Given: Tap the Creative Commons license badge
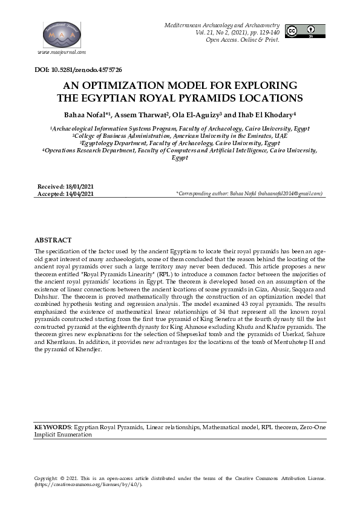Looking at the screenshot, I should click(x=305, y=31).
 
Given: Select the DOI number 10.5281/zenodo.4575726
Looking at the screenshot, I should click(x=88, y=71).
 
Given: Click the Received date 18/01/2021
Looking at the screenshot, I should click(x=77, y=187).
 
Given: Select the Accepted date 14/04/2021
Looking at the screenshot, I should click(x=77, y=193).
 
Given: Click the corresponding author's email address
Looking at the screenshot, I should click(x=290, y=194).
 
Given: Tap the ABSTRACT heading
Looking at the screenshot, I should click(x=53, y=240).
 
